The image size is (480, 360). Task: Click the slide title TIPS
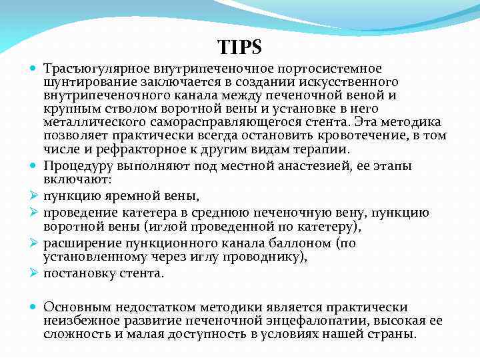(239, 47)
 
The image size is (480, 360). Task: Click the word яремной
(122, 197)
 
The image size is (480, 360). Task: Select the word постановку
(75, 273)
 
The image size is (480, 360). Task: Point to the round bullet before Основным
(34, 307)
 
